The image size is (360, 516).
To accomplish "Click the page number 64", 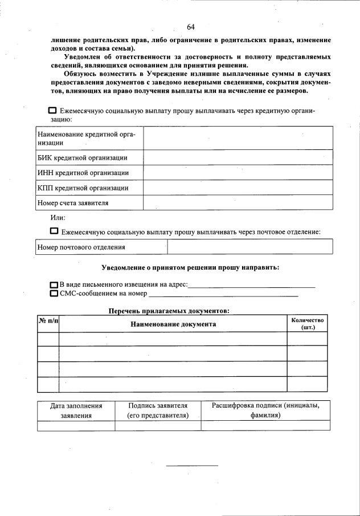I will pyautogui.click(x=191, y=27).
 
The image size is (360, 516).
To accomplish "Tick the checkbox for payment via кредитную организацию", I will pyautogui.click(x=52, y=111).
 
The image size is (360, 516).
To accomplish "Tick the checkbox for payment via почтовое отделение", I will pyautogui.click(x=54, y=231).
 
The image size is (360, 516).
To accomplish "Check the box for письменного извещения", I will pyautogui.click(x=54, y=285).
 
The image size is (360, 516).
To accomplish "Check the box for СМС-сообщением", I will pyautogui.click(x=54, y=294).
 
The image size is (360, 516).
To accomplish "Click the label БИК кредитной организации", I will pyautogui.click(x=82, y=158).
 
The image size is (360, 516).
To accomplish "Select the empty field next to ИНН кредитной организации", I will pyautogui.click(x=238, y=173).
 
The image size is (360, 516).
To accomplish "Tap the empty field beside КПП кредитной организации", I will pyautogui.click(x=238, y=188).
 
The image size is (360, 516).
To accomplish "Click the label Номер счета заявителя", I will pyautogui.click(x=73, y=202).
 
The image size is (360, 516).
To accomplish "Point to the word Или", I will pyautogui.click(x=58, y=217).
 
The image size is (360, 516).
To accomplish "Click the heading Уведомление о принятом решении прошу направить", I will pyautogui.click(x=190, y=267).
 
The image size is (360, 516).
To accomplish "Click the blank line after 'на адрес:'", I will pyautogui.click(x=251, y=285).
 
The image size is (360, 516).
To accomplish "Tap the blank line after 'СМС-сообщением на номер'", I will pyautogui.click(x=223, y=294).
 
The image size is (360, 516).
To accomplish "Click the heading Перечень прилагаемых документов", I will pyautogui.click(x=169, y=311).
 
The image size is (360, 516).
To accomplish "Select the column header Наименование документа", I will pyautogui.click(x=173, y=324).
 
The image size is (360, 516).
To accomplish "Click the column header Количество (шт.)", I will pyautogui.click(x=307, y=324).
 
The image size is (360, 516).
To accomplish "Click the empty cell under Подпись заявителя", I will pyautogui.click(x=158, y=425).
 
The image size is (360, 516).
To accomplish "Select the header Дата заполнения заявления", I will pyautogui.click(x=76, y=411).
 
